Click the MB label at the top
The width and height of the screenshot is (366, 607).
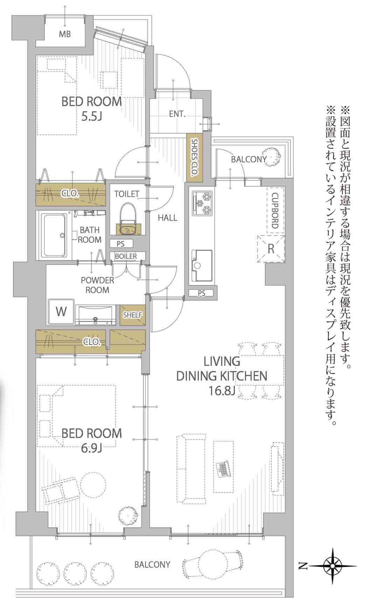[65, 34]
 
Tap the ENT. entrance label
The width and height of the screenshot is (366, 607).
[177, 114]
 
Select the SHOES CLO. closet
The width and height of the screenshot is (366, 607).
[195, 158]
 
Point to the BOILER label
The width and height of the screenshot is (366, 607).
[126, 256]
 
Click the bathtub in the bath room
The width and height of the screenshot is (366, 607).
[55, 235]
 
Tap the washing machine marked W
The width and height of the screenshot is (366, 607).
[61, 311]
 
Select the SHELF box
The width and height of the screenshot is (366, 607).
[133, 315]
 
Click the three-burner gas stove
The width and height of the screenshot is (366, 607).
[202, 203]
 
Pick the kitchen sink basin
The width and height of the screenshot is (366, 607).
[202, 265]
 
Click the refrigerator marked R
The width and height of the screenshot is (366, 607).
[271, 248]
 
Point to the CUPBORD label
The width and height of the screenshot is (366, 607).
[275, 211]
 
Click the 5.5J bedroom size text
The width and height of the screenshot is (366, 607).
[91, 117]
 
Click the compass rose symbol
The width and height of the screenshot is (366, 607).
[332, 565]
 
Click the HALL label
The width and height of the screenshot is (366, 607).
[167, 218]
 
